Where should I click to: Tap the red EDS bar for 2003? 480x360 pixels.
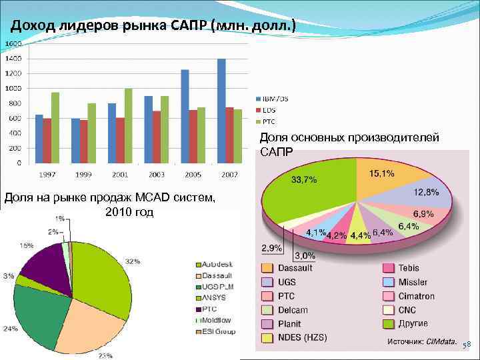coord(157,137)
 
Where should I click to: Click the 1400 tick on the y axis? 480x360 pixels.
coord(13,59)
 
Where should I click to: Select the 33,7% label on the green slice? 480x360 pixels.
coord(304,179)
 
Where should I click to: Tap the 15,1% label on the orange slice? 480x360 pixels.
coord(381,173)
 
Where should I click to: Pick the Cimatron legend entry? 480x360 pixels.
coord(416,296)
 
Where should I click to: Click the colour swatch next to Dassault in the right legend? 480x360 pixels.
coord(267,268)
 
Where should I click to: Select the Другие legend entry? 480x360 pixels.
coord(413,324)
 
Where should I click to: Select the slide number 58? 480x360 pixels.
coord(467,344)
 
